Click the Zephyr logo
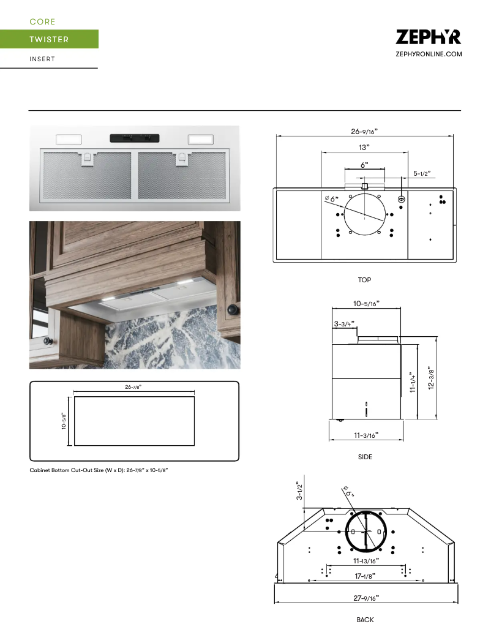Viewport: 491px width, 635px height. (428, 37)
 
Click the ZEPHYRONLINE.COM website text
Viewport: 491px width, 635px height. (429, 54)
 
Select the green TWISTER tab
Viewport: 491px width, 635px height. (49, 39)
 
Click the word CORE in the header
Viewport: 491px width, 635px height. (42, 21)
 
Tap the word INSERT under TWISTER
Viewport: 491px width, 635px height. (42, 59)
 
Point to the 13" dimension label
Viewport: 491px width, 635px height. (364, 148)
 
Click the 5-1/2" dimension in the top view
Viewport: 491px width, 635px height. (422, 173)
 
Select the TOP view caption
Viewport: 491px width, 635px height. (364, 280)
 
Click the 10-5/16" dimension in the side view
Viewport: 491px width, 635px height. (366, 303)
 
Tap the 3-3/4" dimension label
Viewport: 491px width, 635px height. (344, 323)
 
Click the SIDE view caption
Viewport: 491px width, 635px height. (365, 457)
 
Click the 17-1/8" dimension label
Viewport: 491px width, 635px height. (365, 576)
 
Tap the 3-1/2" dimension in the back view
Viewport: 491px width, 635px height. (299, 490)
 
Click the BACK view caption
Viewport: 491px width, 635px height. (365, 620)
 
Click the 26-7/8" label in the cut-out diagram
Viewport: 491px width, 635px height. (134, 387)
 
